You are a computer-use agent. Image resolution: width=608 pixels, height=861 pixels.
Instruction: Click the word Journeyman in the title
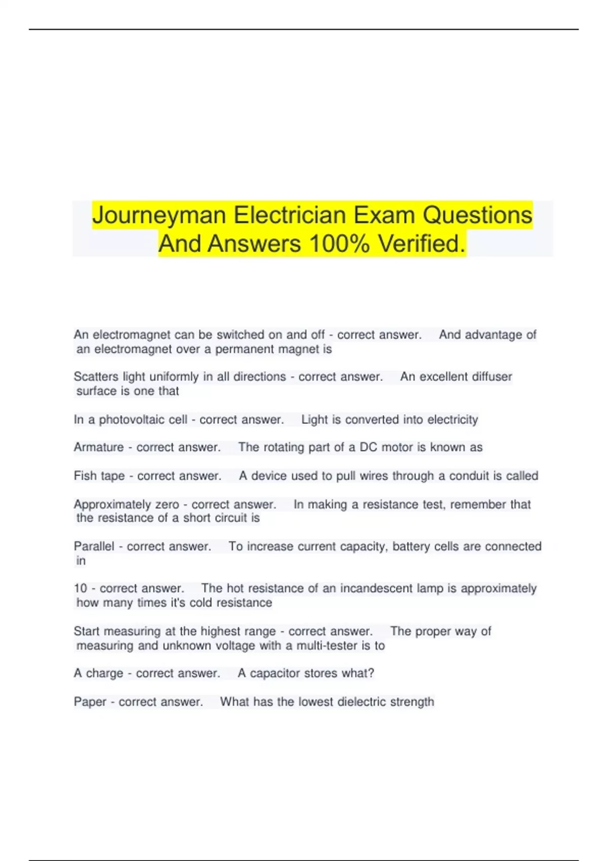tap(159, 215)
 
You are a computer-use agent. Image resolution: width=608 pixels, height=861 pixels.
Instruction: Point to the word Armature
tap(99, 447)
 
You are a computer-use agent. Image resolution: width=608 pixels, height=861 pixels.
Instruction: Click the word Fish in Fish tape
tap(85, 476)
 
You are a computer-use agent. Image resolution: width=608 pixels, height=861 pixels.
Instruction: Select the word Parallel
tap(94, 546)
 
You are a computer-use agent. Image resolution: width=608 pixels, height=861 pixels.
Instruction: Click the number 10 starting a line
tap(80, 589)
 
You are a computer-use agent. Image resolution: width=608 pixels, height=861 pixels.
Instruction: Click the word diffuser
tap(492, 377)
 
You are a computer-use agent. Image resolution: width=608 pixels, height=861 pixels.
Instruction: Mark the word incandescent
tap(376, 589)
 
